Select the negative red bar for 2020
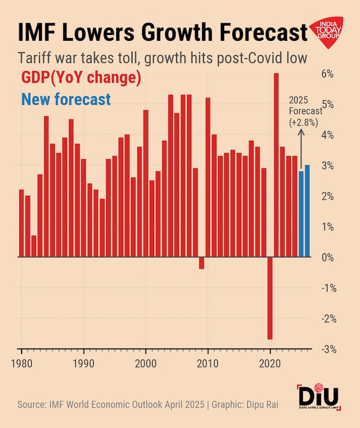pos(270,298)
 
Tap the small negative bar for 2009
pos(202,263)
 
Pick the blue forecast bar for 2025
pos(301,214)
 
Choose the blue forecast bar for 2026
pos(307,211)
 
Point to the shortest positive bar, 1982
pos(34,246)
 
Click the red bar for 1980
pos(21,223)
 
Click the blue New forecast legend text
pos(66,99)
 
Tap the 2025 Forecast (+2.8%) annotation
pos(303,111)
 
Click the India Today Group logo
pos(328,33)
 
